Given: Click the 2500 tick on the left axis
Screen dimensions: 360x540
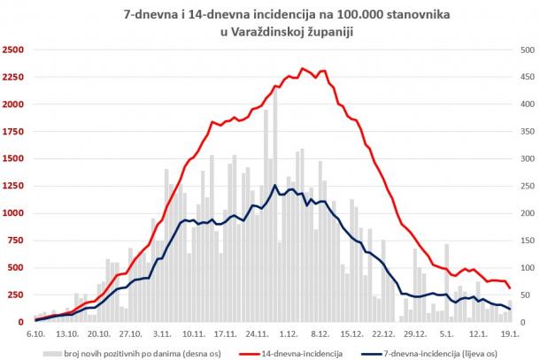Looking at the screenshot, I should [x=14, y=50].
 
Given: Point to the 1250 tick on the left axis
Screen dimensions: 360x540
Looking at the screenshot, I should [x=14, y=186].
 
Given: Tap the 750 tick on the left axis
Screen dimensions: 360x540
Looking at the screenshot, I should [x=17, y=240].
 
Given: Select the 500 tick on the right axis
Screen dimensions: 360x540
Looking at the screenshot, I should [x=522, y=50].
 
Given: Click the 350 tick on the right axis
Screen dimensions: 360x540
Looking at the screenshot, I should [x=522, y=131].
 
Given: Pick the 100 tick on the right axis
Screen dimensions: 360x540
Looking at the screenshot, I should [x=522, y=267].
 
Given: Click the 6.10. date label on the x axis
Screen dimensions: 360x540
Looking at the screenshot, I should [x=36, y=334].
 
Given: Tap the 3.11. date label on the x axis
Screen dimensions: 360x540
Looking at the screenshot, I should [x=162, y=334].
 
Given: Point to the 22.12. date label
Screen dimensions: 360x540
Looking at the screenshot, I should [x=383, y=334].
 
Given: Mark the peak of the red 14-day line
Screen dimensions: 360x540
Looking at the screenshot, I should [x=303, y=68].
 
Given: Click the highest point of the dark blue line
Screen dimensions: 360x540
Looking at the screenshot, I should [x=275, y=186].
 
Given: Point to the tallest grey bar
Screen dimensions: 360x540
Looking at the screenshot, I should [x=275, y=90].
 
